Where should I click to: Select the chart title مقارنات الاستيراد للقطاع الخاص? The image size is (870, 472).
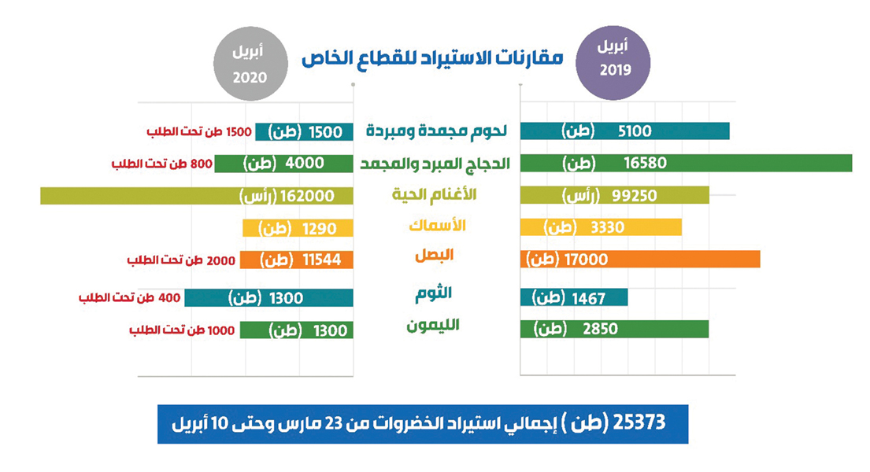[433, 57]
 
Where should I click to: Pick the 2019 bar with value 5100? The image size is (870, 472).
[625, 131]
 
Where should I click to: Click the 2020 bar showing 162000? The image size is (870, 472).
[197, 196]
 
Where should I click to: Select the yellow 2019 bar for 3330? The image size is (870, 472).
[602, 228]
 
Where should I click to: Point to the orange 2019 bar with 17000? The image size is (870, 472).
[640, 259]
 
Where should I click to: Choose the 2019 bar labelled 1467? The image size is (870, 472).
[574, 297]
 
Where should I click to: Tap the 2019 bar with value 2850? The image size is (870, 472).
[614, 329]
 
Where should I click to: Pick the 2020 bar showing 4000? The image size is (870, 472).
[283, 164]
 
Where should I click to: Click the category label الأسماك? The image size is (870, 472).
[438, 225]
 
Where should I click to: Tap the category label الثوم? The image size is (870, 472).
[433, 294]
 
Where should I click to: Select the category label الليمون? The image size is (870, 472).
[433, 326]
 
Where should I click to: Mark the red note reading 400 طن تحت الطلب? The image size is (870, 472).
[130, 298]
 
